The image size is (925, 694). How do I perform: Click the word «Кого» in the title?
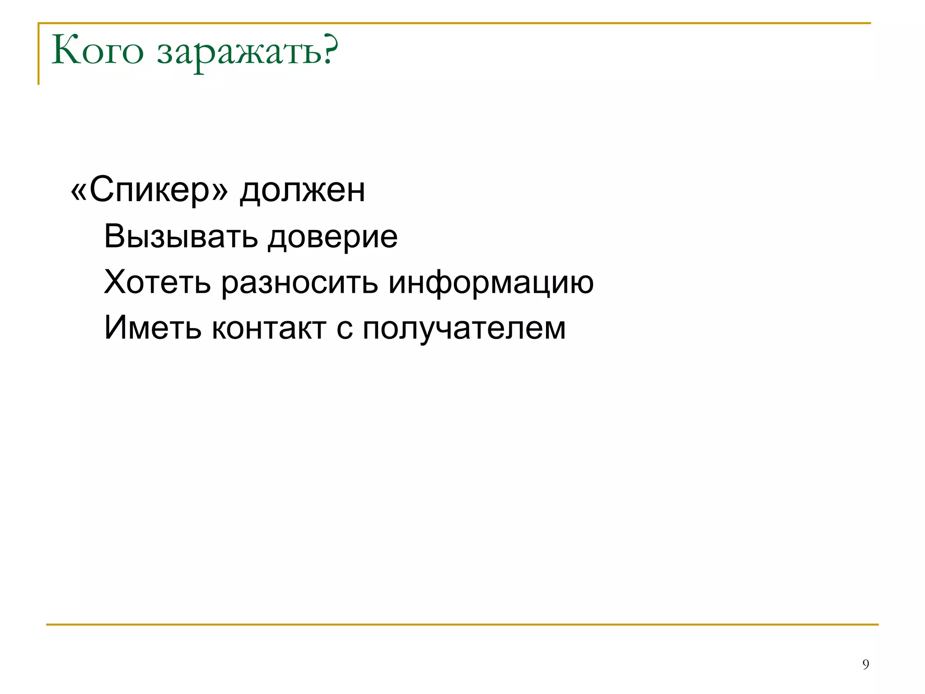[98, 51]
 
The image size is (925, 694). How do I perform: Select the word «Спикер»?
[149, 190]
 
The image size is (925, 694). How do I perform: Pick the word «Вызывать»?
[181, 236]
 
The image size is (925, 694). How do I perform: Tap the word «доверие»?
[332, 237]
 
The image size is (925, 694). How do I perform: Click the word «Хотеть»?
[157, 282]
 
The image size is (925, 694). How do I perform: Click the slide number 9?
[865, 664]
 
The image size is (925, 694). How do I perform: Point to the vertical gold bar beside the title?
[39, 54]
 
